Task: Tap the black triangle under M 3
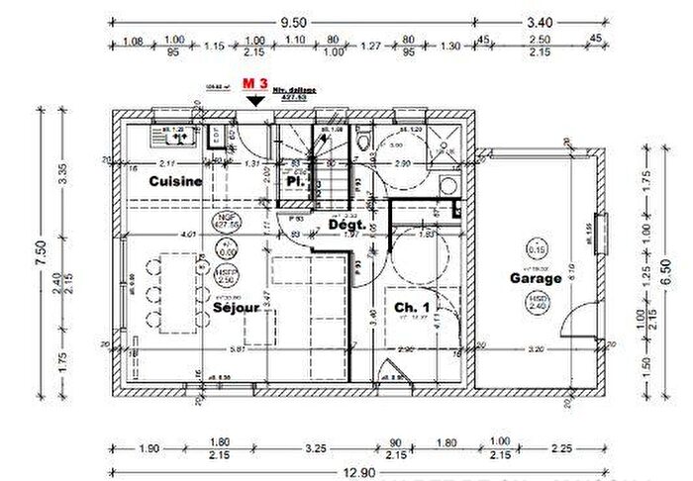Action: coord(256,100)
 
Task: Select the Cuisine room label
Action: coord(176,181)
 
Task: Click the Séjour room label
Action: coord(236,308)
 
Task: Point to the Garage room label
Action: coord(536,278)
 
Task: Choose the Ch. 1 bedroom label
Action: coord(411,308)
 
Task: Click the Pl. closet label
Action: coord(294,182)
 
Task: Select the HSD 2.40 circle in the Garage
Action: coord(538,304)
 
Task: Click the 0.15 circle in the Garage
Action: coord(538,249)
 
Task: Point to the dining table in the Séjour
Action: coord(178,292)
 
